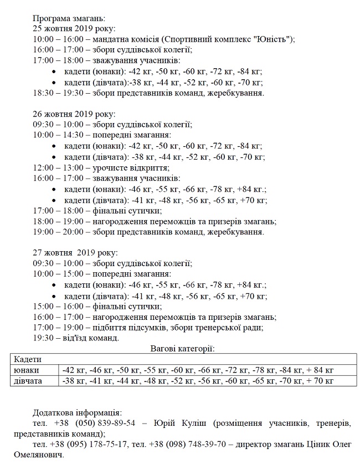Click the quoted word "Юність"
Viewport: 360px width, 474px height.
click(277, 39)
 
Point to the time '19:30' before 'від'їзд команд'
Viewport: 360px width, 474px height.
click(44, 338)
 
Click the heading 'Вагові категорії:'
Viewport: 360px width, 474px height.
click(182, 348)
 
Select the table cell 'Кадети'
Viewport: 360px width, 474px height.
click(28, 359)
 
